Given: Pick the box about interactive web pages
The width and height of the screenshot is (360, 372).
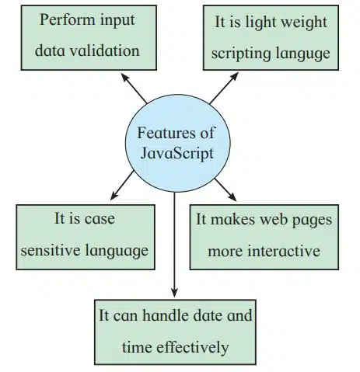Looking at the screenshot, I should pos(262,237).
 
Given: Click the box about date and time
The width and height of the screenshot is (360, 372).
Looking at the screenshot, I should pos(175,332).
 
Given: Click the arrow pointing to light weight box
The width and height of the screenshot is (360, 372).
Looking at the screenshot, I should pos(225,88).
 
